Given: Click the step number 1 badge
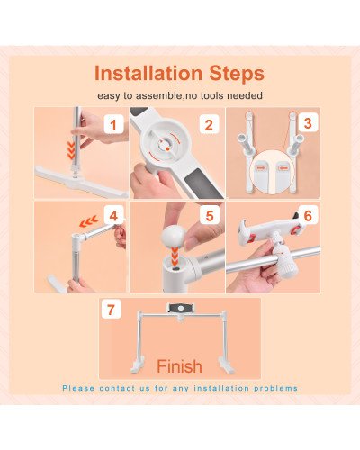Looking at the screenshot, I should tap(113, 125).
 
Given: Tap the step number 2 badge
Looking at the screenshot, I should tap(208, 125).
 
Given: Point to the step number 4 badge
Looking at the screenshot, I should tap(112, 216).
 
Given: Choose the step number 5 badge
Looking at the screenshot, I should tap(208, 216).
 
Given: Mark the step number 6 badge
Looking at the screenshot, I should tap(308, 217).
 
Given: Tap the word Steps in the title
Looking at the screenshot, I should tap(238, 73).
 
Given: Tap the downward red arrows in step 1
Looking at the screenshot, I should tap(72, 146).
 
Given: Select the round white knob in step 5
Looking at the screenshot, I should tap(171, 238).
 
